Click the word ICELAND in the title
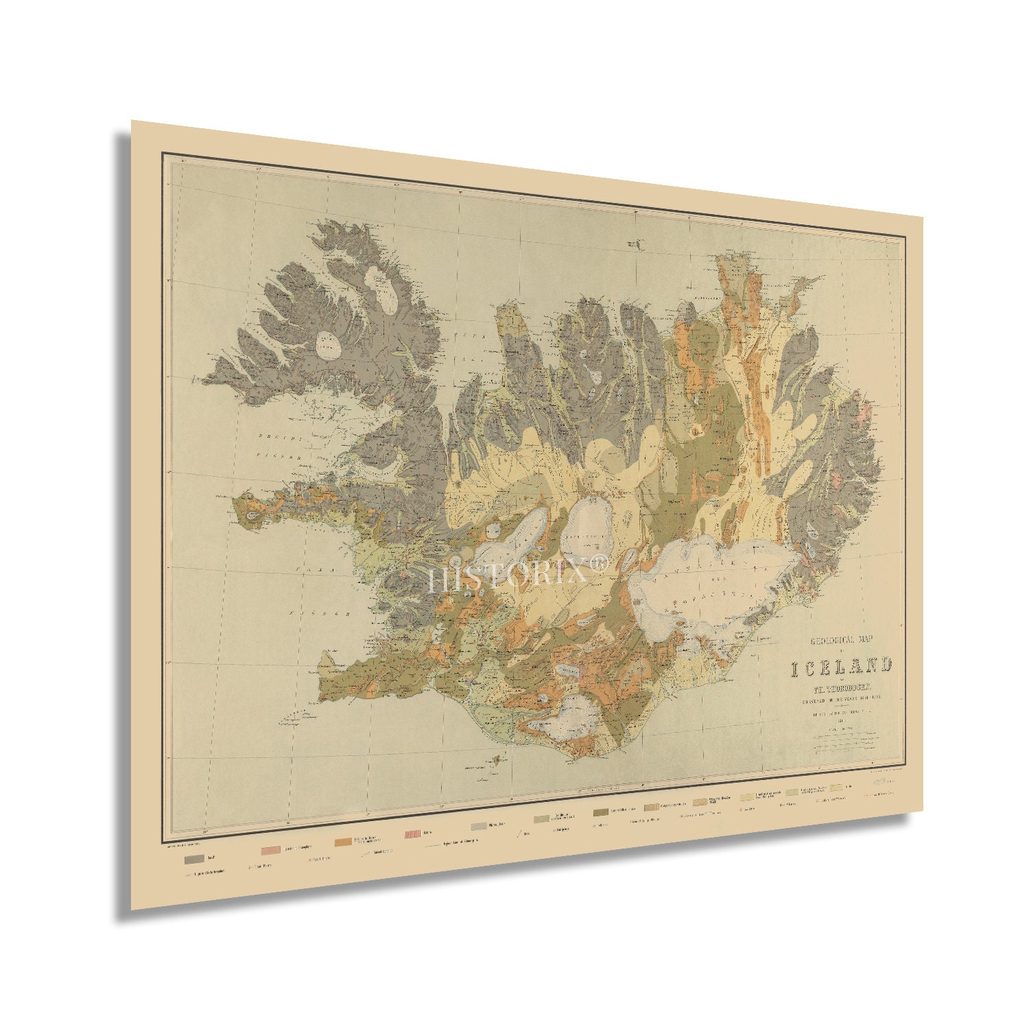click(x=842, y=666)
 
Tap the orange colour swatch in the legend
click(x=344, y=842)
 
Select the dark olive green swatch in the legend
click(x=601, y=813)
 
